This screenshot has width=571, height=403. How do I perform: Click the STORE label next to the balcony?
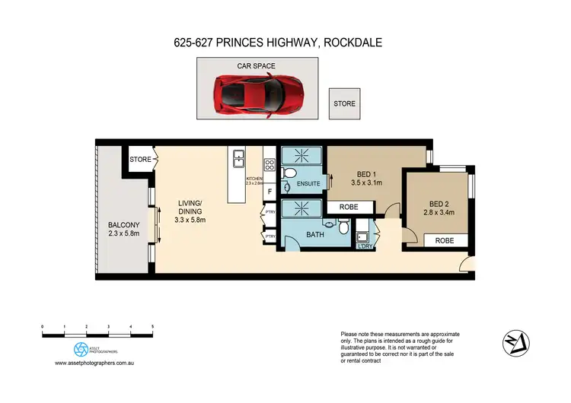(139, 160)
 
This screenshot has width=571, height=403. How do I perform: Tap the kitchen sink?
(238, 159)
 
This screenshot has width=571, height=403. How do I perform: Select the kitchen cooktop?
(269, 163)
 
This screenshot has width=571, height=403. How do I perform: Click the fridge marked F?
(269, 192)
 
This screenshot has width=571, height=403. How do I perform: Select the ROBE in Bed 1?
(350, 207)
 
